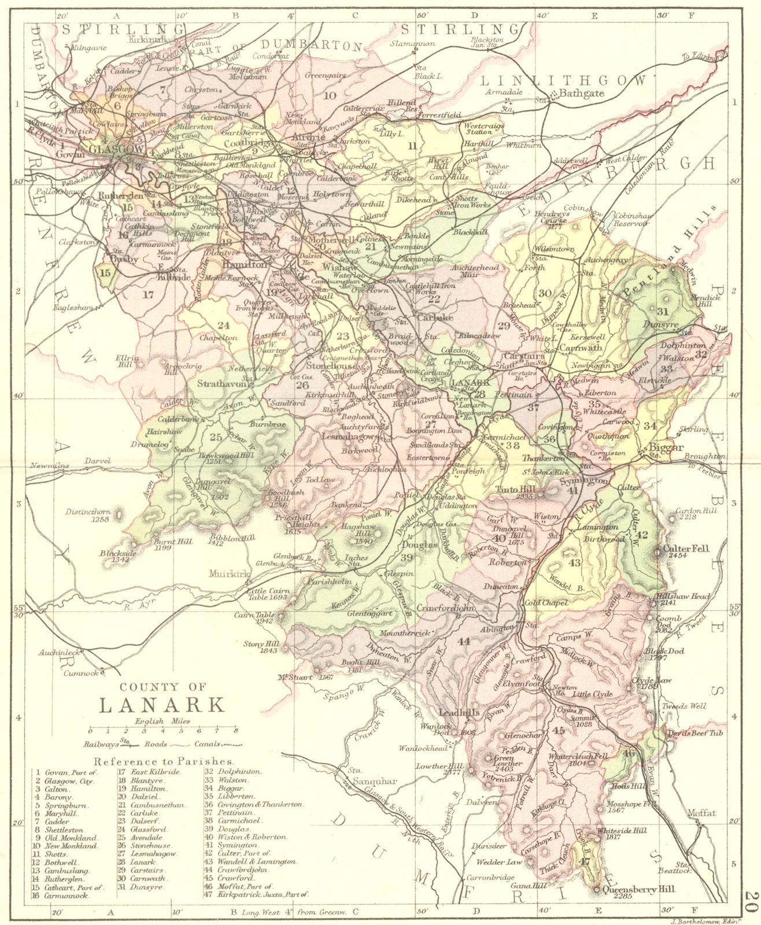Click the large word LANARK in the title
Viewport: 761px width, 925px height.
pyautogui.click(x=161, y=705)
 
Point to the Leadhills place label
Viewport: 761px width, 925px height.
pyautogui.click(x=460, y=713)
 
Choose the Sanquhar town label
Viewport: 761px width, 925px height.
pyautogui.click(x=374, y=781)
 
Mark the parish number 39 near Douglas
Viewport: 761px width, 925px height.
pyautogui.click(x=407, y=557)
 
